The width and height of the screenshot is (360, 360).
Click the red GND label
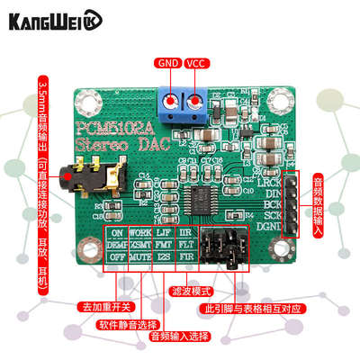point(168,64)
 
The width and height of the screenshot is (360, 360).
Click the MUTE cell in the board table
point(139,256)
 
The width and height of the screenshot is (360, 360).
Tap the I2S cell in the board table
point(163,256)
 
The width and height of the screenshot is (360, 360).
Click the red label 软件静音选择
point(127,323)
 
